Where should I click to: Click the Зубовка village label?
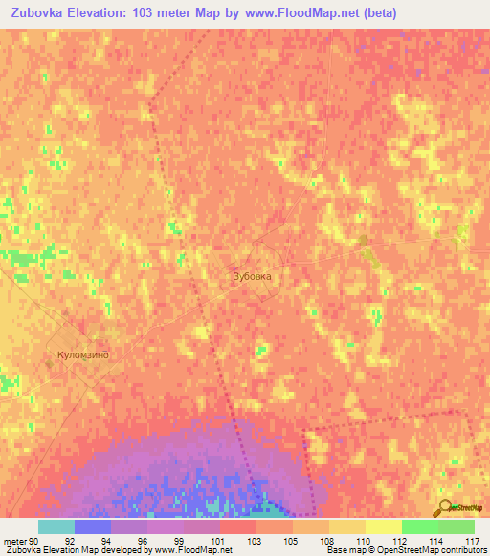point(253,276)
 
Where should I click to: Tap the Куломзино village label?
point(78,355)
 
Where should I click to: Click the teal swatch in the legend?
point(56,526)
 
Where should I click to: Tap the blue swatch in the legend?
point(93,526)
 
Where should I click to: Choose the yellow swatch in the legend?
point(383,526)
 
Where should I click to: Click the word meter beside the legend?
point(12,541)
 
